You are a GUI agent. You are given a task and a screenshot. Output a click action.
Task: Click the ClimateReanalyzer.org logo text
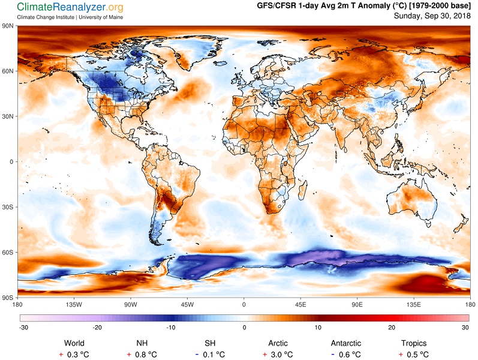tap(70, 7)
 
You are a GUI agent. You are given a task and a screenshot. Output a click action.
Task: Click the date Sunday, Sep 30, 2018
tap(432, 16)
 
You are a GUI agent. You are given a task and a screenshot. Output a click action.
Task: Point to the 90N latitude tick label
tap(8, 26)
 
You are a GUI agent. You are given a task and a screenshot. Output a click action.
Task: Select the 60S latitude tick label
tap(8, 253)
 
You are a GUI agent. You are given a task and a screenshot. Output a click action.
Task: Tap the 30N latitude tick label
tap(8, 116)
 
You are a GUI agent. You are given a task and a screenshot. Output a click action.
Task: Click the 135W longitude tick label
tap(74, 304)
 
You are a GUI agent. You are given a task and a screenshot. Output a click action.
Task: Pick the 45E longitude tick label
tap(300, 304)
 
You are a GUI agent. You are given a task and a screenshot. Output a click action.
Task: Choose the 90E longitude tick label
tap(357, 304)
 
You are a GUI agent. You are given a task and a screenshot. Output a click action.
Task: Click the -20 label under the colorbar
tap(97, 328)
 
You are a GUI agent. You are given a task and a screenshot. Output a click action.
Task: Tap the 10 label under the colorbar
tap(318, 328)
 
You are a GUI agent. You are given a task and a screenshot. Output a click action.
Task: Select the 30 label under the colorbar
tap(465, 328)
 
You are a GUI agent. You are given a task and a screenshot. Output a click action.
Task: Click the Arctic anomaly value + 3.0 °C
tap(278, 355)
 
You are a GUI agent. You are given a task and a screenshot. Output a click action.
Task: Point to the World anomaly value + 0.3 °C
tap(74, 355)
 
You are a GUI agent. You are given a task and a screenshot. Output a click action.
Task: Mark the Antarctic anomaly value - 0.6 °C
tap(345, 355)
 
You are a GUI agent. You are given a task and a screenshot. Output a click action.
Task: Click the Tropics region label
tap(414, 343)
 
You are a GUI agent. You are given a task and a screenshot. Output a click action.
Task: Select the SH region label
tap(210, 343)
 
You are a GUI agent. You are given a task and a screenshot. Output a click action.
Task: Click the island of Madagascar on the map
tap(302, 190)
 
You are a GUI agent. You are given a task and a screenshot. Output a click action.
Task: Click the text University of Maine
tap(101, 17)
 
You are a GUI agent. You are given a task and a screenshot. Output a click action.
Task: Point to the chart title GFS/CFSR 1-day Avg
tap(308, 6)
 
